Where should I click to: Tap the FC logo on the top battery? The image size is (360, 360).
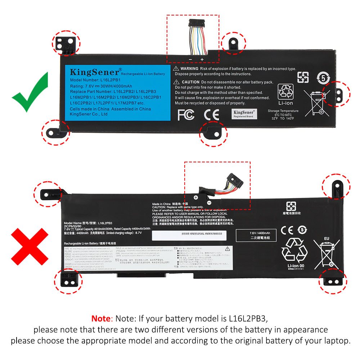click(x=186, y=115)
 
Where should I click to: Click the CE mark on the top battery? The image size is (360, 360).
click(x=211, y=115)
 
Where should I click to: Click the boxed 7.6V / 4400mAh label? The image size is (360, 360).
click(x=257, y=236)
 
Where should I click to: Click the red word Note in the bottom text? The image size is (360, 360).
click(x=101, y=318)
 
